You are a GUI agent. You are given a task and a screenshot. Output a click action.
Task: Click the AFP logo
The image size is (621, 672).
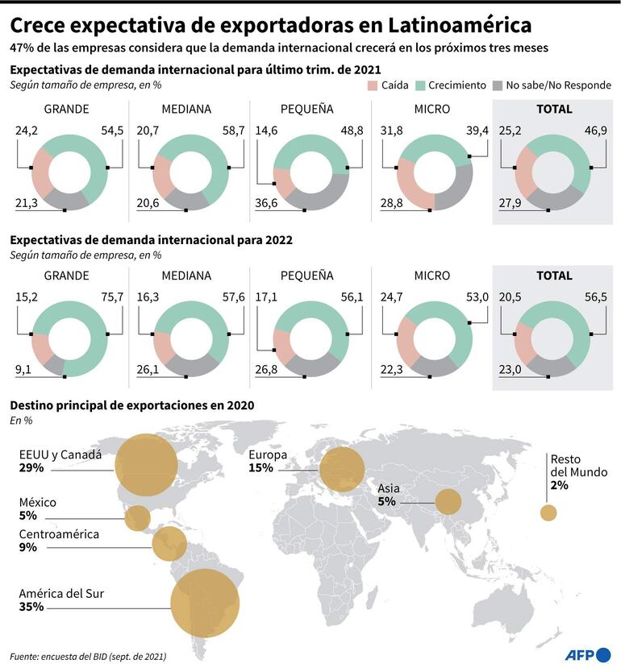point(587,653)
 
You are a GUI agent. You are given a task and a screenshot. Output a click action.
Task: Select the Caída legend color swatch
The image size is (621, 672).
point(372,85)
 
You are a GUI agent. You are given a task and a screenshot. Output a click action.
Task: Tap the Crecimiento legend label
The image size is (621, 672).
point(456,85)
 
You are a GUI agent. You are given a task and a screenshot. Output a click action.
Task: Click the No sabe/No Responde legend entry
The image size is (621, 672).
point(557,85)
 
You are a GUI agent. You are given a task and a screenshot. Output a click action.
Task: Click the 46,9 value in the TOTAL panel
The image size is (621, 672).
point(596,130)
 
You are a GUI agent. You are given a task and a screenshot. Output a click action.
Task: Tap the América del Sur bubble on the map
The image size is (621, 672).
point(205,604)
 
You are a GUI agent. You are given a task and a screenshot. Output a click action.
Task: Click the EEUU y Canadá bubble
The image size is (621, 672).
point(146,465)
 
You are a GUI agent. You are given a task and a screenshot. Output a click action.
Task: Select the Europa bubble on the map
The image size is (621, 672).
point(342,468)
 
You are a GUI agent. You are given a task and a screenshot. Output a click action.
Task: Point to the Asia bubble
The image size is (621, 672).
point(448,502)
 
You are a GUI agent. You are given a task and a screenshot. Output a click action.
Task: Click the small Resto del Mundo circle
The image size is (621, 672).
point(548,512)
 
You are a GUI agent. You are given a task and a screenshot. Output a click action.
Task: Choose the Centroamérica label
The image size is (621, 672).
point(59,534)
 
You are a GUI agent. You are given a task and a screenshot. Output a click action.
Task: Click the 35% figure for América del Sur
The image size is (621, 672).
point(31,608)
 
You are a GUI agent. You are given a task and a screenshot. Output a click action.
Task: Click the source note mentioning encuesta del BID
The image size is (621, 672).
point(89,657)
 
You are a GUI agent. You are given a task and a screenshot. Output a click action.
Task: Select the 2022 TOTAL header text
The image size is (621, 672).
point(554,276)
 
